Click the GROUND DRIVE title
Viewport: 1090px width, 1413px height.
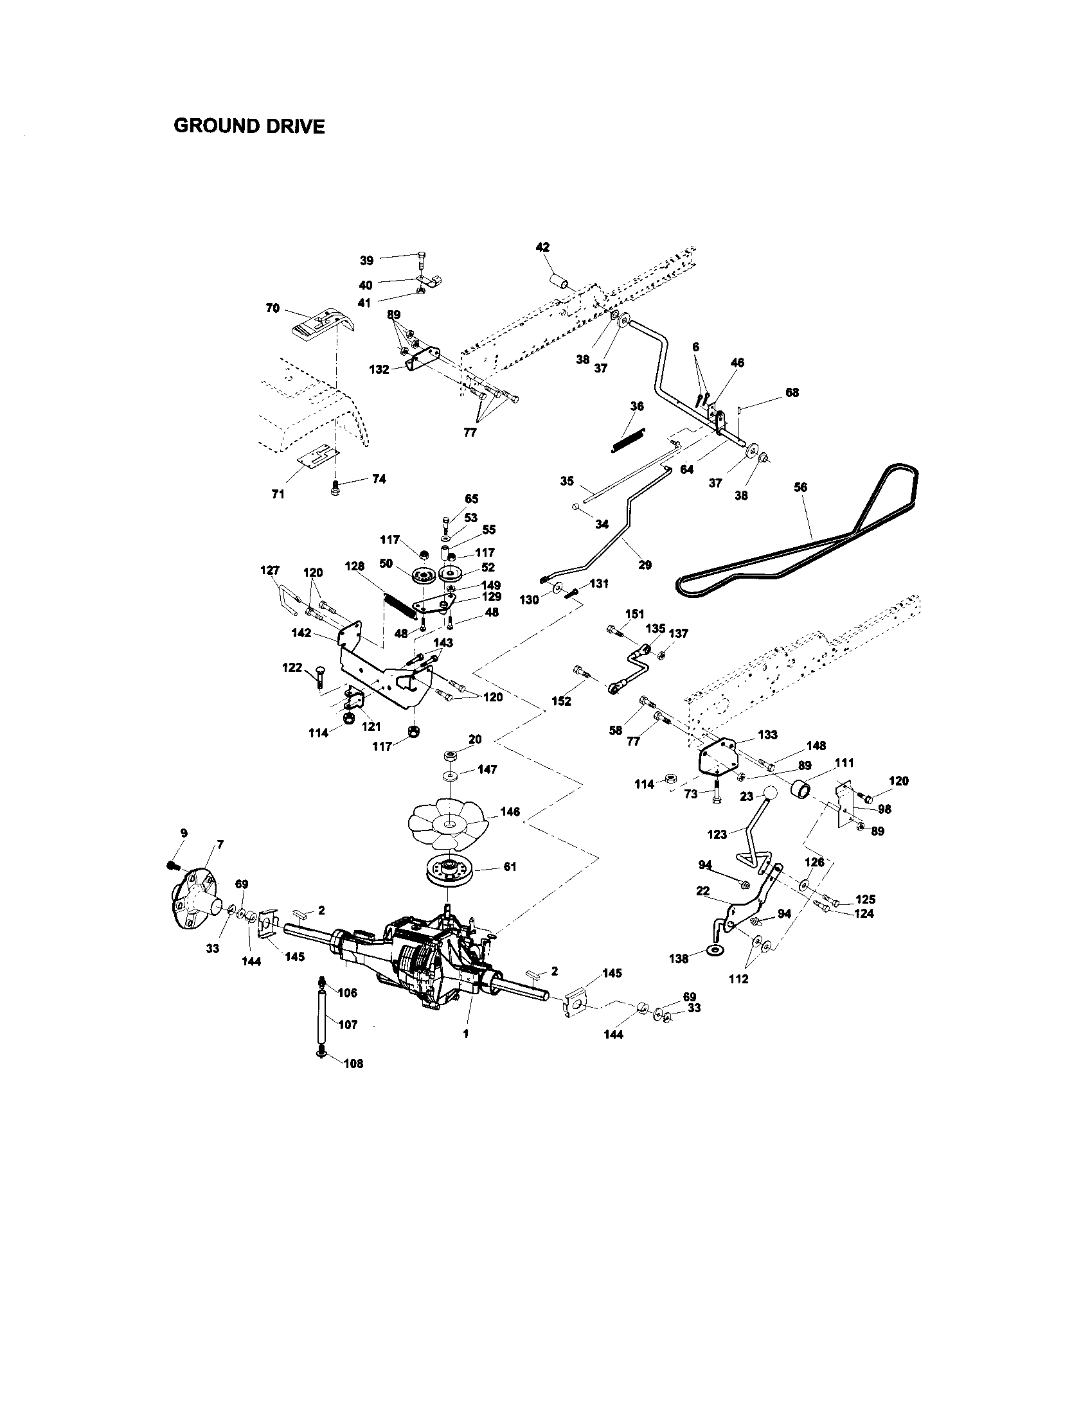click(x=249, y=125)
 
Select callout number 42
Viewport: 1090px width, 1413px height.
click(x=542, y=247)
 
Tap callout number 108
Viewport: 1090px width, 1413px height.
click(x=353, y=1064)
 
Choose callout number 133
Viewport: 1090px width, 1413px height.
click(x=767, y=735)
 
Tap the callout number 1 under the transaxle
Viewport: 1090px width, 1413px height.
click(x=465, y=1034)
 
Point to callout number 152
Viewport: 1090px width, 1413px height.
click(x=561, y=701)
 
